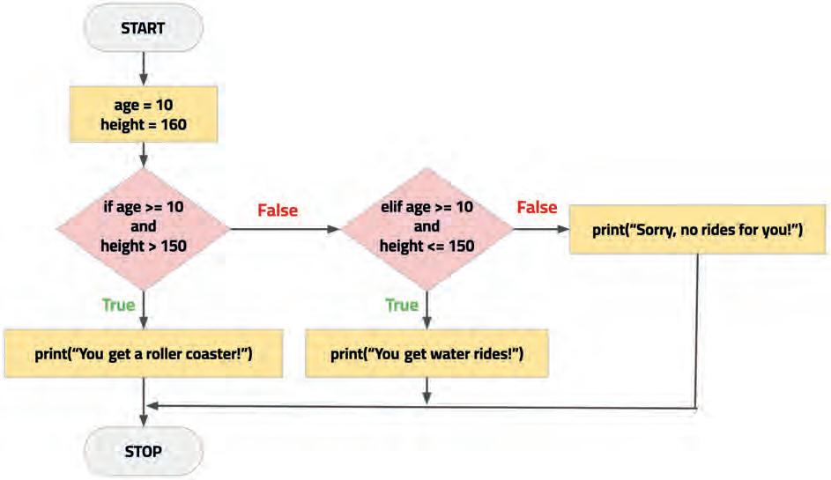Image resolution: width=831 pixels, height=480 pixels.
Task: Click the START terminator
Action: tap(143, 27)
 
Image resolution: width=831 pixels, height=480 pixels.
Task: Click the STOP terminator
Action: tap(143, 452)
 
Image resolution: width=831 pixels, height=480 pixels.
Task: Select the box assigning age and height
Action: tap(143, 115)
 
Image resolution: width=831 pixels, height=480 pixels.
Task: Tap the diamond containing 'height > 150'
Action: tap(143, 228)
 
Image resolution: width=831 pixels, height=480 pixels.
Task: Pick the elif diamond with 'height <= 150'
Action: tap(427, 228)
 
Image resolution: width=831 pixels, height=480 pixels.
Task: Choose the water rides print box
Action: tap(427, 354)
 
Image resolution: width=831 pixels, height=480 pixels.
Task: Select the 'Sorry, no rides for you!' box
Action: tap(699, 230)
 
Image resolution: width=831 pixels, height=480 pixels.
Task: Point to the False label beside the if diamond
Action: tap(278, 210)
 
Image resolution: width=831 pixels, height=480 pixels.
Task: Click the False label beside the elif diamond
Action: tap(537, 208)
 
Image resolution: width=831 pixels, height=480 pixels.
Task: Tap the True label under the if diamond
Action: tap(119, 305)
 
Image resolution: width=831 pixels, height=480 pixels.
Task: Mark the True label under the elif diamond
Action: tap(402, 305)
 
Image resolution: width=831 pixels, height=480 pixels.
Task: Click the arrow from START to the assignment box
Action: tap(143, 67)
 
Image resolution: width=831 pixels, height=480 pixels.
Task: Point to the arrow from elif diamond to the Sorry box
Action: tap(539, 229)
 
